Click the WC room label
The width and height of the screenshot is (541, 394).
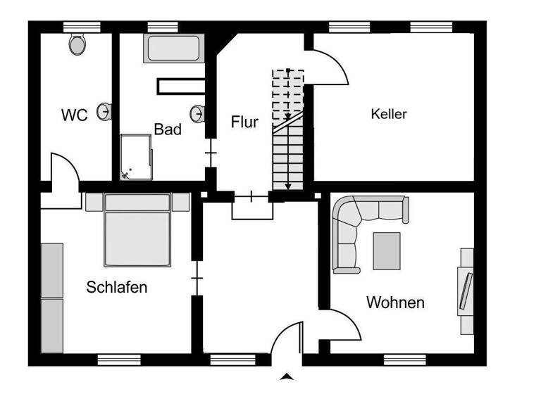coord(75,115)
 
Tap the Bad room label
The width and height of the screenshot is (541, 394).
coord(168,129)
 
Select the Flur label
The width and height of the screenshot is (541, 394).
coord(244,122)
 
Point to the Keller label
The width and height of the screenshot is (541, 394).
coord(389,113)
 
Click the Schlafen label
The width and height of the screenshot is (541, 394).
coord(117,287)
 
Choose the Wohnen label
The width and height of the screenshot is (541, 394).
coord(395,303)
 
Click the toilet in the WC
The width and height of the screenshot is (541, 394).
coord(77,44)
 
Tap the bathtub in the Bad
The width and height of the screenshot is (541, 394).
coord(174,48)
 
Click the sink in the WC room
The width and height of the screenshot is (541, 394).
coord(105,111)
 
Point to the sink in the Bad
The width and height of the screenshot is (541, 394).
coord(199,113)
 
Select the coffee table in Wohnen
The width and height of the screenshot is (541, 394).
coord(387,250)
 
